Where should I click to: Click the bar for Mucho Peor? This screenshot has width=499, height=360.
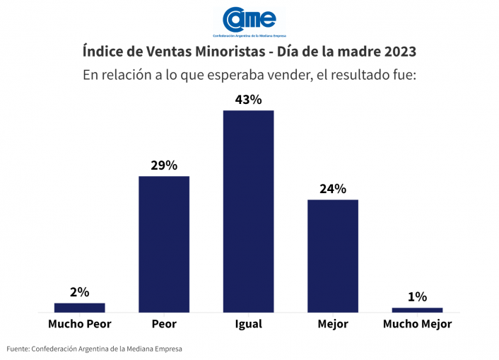79,308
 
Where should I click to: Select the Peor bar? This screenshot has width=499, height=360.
164,244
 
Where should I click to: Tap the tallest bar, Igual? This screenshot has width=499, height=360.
248,211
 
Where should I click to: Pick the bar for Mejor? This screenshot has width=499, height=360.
332,255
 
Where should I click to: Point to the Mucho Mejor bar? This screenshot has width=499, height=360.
417,310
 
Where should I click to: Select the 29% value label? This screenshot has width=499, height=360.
164,166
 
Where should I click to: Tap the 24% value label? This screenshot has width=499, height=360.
332,189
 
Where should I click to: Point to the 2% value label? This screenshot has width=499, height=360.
79,292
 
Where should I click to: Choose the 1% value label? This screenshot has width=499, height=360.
417,297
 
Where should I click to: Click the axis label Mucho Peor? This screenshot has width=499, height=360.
79,325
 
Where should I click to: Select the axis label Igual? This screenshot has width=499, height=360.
248,325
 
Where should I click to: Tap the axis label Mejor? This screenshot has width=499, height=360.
332,325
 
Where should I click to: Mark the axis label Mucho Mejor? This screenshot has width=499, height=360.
417,325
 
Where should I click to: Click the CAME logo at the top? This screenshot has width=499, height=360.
249,21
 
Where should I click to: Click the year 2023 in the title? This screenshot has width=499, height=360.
397,52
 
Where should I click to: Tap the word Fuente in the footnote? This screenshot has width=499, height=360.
18,349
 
